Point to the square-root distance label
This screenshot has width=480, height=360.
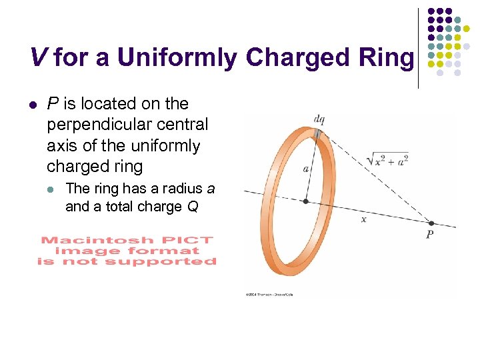[x=387, y=159]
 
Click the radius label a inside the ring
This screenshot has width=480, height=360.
[x=306, y=169]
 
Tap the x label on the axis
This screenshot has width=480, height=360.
[x=363, y=219]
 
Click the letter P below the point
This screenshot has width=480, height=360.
[x=429, y=235]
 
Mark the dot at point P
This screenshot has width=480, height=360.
[x=431, y=223]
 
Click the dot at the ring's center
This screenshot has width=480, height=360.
[x=306, y=201]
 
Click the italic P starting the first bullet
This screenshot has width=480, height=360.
[x=51, y=104]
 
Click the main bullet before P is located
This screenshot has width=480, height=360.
[x=33, y=105]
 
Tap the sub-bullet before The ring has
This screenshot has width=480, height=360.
[x=53, y=189]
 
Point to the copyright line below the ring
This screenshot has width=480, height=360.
[x=270, y=294]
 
